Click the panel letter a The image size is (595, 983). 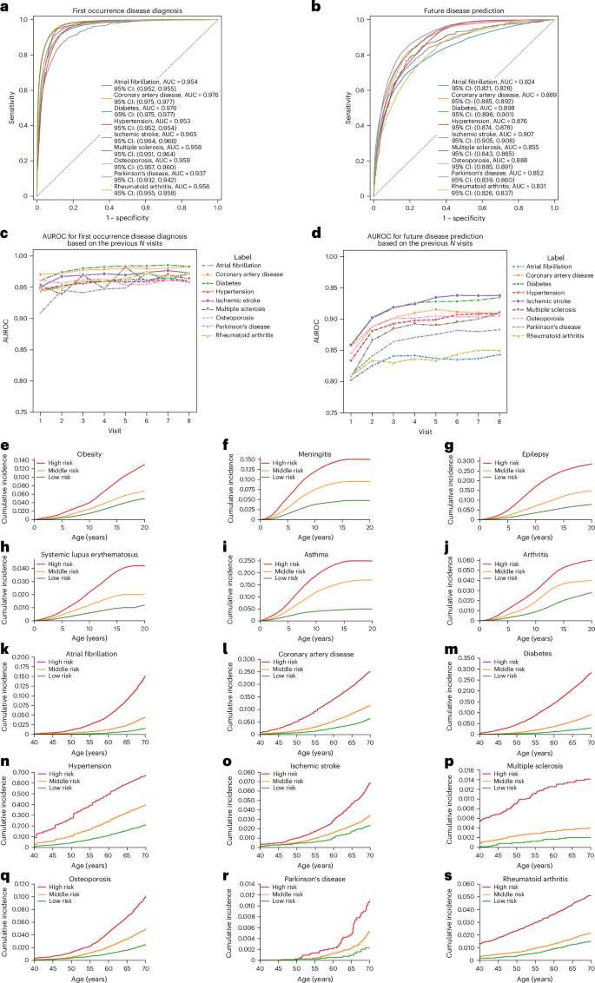click(x=6, y=8)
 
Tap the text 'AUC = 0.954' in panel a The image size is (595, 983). click(x=178, y=82)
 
